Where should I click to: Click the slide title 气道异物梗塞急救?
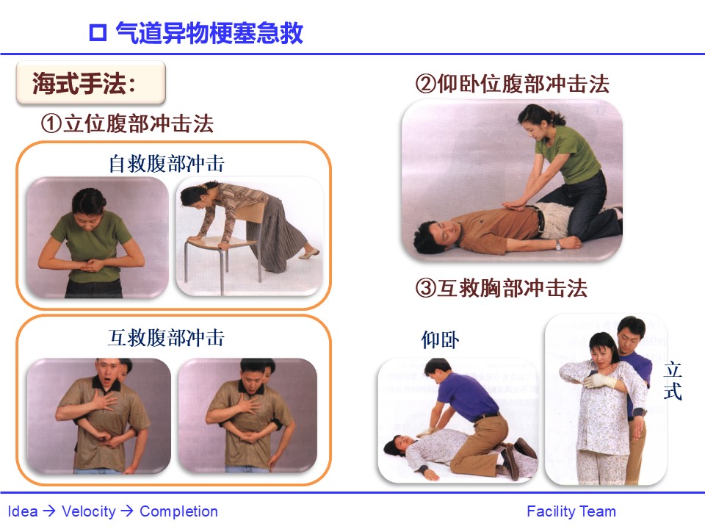pyautogui.click(x=209, y=33)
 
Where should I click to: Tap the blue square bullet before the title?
pyautogui.click(x=98, y=33)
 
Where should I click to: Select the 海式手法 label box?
pyautogui.click(x=91, y=83)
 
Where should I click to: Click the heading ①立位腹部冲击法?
pyautogui.click(x=127, y=123)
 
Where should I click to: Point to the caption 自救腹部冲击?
pyautogui.click(x=167, y=164)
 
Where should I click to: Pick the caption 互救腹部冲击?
pyautogui.click(x=167, y=338)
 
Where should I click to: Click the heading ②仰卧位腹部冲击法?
pyautogui.click(x=512, y=84)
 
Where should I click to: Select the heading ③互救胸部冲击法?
pyautogui.click(x=502, y=288)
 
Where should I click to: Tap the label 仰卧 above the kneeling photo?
pyautogui.click(x=440, y=340)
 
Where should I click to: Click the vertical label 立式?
pyautogui.click(x=673, y=381)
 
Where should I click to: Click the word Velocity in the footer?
pyautogui.click(x=89, y=511)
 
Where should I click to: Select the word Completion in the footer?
pyautogui.click(x=178, y=511)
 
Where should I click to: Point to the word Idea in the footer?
pyautogui.click(x=23, y=511)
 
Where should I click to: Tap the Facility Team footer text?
pyautogui.click(x=571, y=511)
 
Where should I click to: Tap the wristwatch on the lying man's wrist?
pyautogui.click(x=558, y=245)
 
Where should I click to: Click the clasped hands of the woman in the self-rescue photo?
pyautogui.click(x=93, y=264)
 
